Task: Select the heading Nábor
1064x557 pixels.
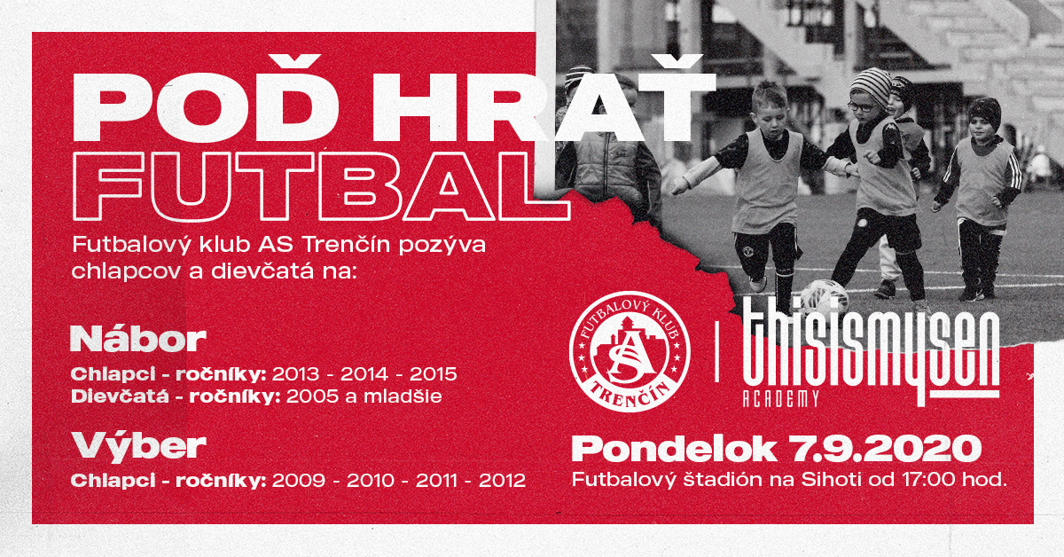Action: click(138, 340)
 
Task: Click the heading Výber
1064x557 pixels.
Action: click(138, 446)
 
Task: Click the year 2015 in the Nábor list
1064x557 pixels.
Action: click(434, 374)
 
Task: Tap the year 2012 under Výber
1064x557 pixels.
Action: click(502, 481)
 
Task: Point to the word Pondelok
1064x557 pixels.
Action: click(674, 448)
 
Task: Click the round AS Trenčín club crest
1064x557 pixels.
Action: click(630, 352)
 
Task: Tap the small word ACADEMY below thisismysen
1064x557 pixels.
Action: click(780, 399)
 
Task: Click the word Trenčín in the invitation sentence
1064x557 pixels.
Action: click(347, 246)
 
